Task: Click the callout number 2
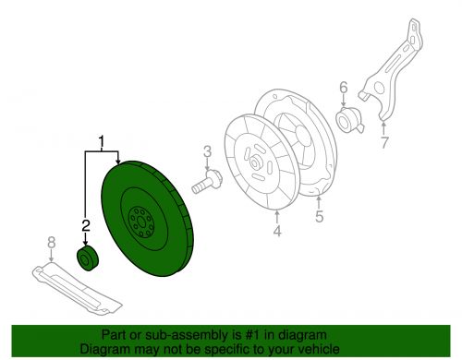tap(85, 225)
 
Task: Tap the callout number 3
tap(208, 151)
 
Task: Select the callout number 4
tap(276, 231)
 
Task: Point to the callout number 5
tap(319, 219)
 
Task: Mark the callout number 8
tap(51, 246)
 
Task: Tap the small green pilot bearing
tap(88, 258)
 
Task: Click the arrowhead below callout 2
tap(85, 242)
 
